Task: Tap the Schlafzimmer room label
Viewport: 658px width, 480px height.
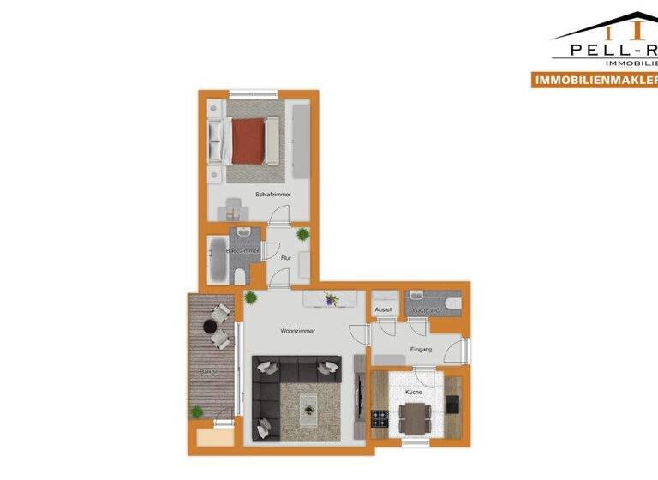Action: [272, 195]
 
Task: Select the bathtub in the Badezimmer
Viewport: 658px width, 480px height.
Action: [215, 261]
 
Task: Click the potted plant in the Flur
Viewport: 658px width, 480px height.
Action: [302, 234]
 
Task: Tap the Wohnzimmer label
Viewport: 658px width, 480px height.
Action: [298, 330]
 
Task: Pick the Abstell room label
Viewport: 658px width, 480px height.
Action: [384, 310]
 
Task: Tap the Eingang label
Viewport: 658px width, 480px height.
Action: [422, 349]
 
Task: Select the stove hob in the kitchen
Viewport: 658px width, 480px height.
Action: [380, 419]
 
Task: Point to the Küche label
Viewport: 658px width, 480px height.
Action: [413, 392]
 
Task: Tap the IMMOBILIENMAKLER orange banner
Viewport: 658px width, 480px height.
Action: [594, 80]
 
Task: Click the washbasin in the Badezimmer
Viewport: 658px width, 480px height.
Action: [244, 233]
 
